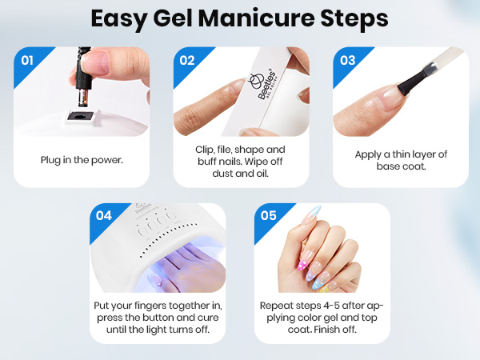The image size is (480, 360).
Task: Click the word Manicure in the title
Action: point(261,18)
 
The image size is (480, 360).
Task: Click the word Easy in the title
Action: point(120,18)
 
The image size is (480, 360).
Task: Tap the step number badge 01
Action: point(24,58)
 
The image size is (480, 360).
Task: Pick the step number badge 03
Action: point(346,58)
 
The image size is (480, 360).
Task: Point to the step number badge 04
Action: point(104,215)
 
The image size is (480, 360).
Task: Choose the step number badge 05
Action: point(267,215)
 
